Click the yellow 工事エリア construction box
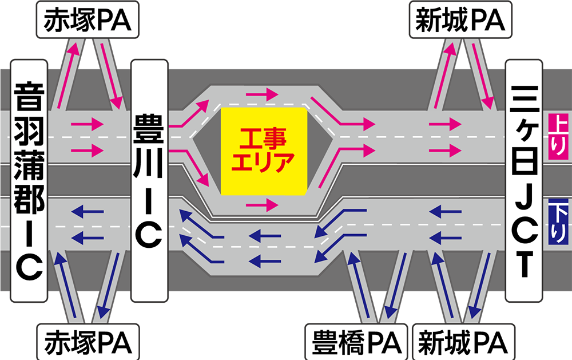click(263, 151)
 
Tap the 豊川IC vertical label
click(149, 181)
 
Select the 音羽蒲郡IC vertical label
click(29, 181)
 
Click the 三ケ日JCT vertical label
click(524, 181)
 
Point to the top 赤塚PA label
click(88, 19)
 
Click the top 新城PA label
click(460, 19)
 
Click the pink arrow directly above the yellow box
click(262, 94)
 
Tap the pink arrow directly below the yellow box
click(262, 205)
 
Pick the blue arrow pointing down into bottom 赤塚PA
click(108, 286)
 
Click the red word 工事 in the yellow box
click(263, 138)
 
